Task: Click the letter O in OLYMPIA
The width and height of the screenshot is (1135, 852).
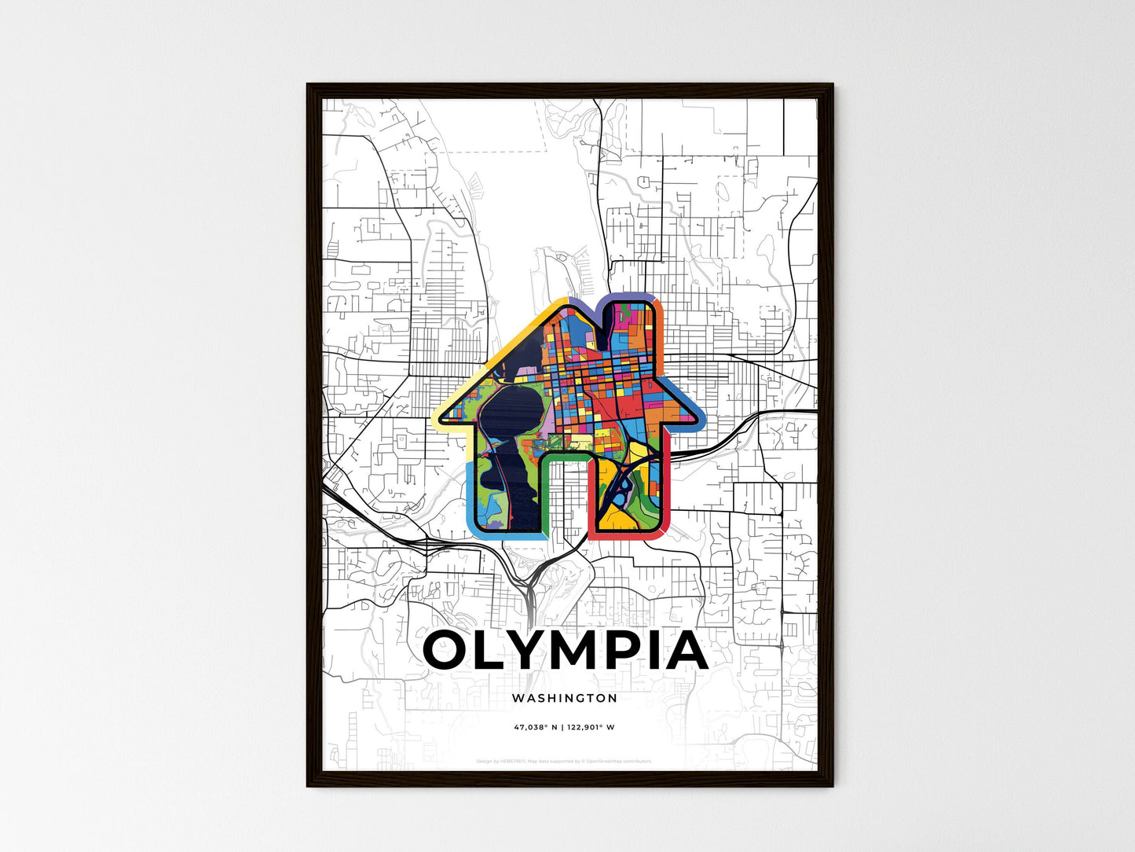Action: (451, 650)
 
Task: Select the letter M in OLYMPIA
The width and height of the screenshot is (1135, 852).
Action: (574, 650)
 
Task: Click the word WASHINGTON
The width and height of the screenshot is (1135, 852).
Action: (564, 698)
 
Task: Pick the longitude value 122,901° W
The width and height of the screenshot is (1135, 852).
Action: (591, 727)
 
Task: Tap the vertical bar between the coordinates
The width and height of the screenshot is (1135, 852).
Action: (562, 727)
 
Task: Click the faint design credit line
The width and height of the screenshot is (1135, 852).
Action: (564, 761)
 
